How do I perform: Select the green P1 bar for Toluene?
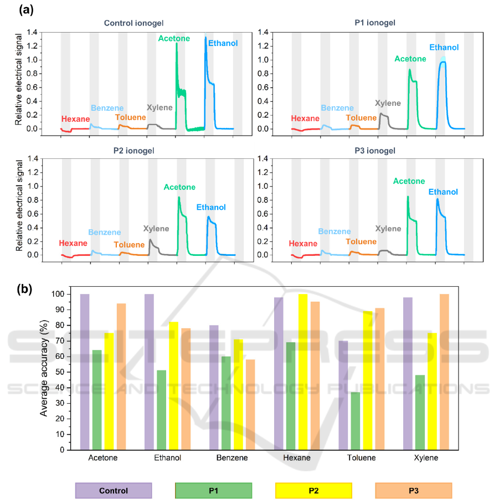[355, 421]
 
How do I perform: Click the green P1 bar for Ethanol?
[162, 410]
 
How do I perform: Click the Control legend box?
[114, 491]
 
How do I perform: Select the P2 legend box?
[313, 491]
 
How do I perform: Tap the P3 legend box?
[413, 491]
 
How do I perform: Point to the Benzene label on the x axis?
[232, 458]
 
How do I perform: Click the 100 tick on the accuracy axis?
[58, 294]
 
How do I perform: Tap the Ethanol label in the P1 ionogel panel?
[444, 48]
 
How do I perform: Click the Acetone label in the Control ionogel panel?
[174, 38]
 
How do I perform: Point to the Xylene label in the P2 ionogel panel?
[156, 228]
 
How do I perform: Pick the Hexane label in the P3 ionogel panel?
[303, 244]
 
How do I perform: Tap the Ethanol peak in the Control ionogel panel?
[205, 39]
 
